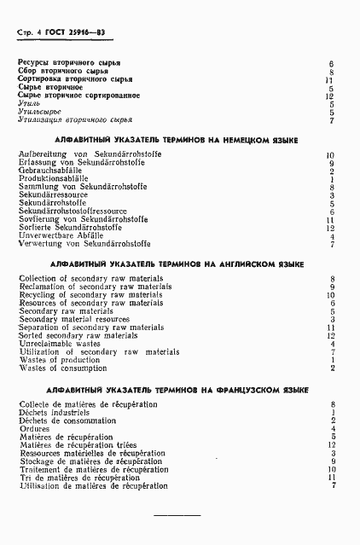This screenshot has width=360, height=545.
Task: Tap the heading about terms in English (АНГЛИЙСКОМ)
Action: point(177,265)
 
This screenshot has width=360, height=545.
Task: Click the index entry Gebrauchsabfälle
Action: point(49,170)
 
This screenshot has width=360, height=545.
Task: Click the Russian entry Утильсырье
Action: point(39,112)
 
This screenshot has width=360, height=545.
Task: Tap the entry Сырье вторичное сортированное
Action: point(78,96)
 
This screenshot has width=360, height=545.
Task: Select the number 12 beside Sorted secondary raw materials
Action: point(330,335)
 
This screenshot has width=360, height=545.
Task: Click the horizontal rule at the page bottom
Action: point(176,516)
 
